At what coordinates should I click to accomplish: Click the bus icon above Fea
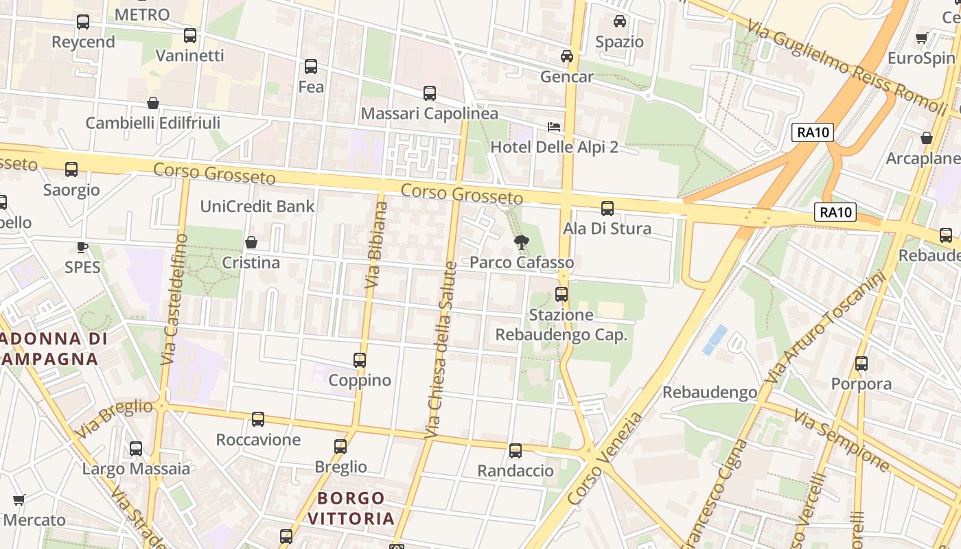pos(311,67)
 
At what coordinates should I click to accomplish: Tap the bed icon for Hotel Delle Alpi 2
pos(553,126)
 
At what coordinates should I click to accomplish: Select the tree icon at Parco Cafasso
pos(522,242)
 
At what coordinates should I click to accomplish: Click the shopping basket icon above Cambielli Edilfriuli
pos(153,103)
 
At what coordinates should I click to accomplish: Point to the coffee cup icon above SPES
pos(82,246)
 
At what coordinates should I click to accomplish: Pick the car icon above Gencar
pos(567,56)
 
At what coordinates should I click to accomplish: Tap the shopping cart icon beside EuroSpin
pos(922,38)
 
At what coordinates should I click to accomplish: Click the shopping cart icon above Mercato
pos(19,500)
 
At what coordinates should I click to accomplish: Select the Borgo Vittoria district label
pos(351,508)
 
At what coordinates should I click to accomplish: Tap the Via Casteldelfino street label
pos(173,299)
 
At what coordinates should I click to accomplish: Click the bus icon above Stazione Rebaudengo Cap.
pos(561,294)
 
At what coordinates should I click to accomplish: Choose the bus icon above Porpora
pos(861,364)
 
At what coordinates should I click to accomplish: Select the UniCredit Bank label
pos(257,206)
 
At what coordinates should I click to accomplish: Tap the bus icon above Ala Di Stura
pos(607,209)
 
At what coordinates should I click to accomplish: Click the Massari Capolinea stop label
pos(430,113)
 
